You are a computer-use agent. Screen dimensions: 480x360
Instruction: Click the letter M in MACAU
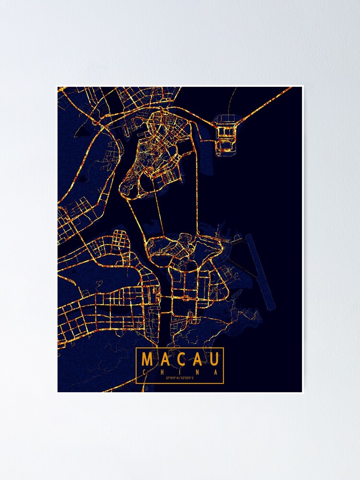click(147, 359)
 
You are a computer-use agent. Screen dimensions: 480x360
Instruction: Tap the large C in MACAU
click(180, 359)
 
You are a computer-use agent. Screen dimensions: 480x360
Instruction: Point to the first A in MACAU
click(164, 359)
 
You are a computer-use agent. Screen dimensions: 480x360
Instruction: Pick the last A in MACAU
click(197, 359)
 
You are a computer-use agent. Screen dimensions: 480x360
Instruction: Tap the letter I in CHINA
click(180, 372)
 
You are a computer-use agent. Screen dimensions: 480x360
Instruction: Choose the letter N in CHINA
click(198, 372)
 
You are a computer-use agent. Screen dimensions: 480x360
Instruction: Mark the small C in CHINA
click(144, 372)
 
